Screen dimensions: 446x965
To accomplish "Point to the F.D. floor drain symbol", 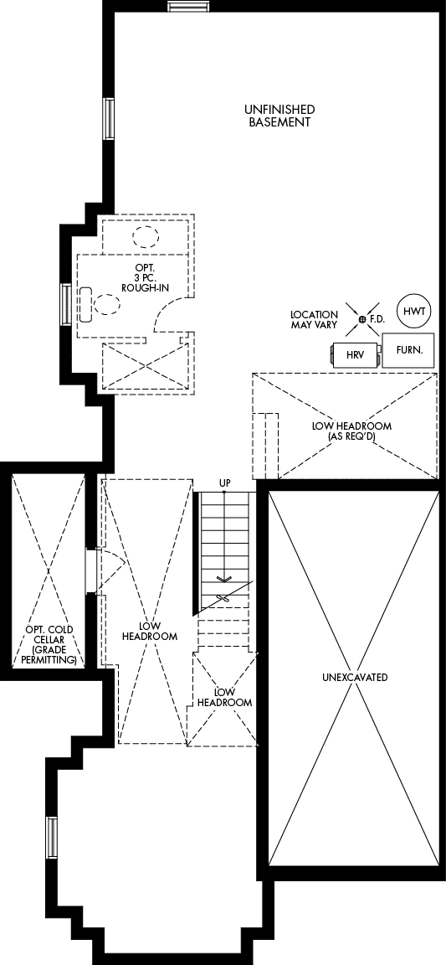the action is [362, 319].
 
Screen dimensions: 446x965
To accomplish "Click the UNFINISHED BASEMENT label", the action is [279, 116].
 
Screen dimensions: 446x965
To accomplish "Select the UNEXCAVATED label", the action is [355, 678].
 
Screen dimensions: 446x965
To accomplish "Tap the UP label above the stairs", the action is [224, 482].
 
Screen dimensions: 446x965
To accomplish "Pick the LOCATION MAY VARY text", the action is [315, 319].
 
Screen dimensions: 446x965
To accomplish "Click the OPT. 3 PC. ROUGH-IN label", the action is [146, 277].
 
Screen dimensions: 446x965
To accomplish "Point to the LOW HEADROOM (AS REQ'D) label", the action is [351, 431].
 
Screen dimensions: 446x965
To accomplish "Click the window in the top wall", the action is [187, 6].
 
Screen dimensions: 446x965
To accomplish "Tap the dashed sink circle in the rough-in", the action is [146, 236].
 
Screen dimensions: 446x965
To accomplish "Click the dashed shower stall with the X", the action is [145, 366].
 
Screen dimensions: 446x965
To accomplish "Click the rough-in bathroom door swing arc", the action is [163, 312].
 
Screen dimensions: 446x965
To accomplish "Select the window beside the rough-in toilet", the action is [64, 304].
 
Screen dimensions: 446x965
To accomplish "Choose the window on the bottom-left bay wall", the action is [52, 839].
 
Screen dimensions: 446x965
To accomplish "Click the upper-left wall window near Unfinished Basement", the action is [109, 119].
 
